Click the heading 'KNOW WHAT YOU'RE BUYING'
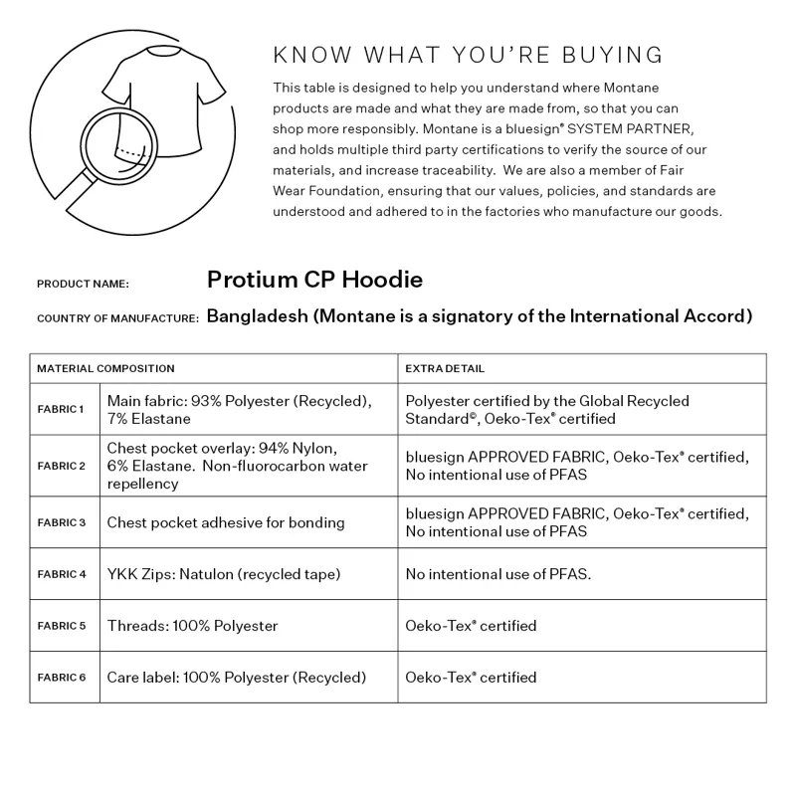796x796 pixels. point(468,55)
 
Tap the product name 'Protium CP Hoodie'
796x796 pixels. point(314,280)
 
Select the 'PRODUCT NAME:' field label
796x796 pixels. point(83,284)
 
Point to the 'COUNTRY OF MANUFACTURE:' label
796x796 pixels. point(117,318)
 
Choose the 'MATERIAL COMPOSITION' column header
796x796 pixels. point(105,368)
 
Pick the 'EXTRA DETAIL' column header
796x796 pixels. point(445,368)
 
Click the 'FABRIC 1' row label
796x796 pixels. point(62,410)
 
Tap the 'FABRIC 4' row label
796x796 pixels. point(62,574)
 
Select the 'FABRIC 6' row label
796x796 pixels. point(62,678)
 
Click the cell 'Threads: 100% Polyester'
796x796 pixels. point(192,626)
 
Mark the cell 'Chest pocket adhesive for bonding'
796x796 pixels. point(226,522)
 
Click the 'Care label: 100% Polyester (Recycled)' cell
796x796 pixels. point(237,678)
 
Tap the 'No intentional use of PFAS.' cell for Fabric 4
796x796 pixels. point(497,574)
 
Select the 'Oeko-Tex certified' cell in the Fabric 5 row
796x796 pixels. point(471,626)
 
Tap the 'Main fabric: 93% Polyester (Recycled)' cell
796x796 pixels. point(239,401)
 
